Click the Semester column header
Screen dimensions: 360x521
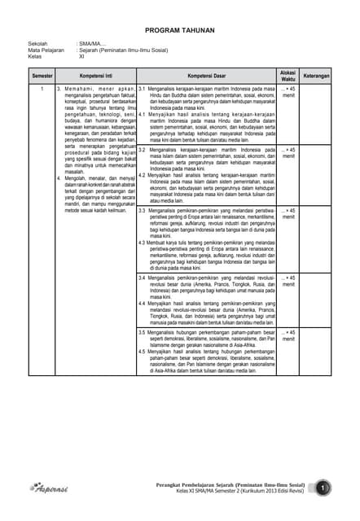pyautogui.click(x=42, y=75)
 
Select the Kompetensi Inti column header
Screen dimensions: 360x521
pyautogui.click(x=96, y=75)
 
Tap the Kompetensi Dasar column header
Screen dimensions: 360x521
pyautogui.click(x=207, y=75)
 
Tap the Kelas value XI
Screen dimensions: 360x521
pyautogui.click(x=81, y=56)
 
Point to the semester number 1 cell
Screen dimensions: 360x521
pyautogui.click(x=42, y=86)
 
